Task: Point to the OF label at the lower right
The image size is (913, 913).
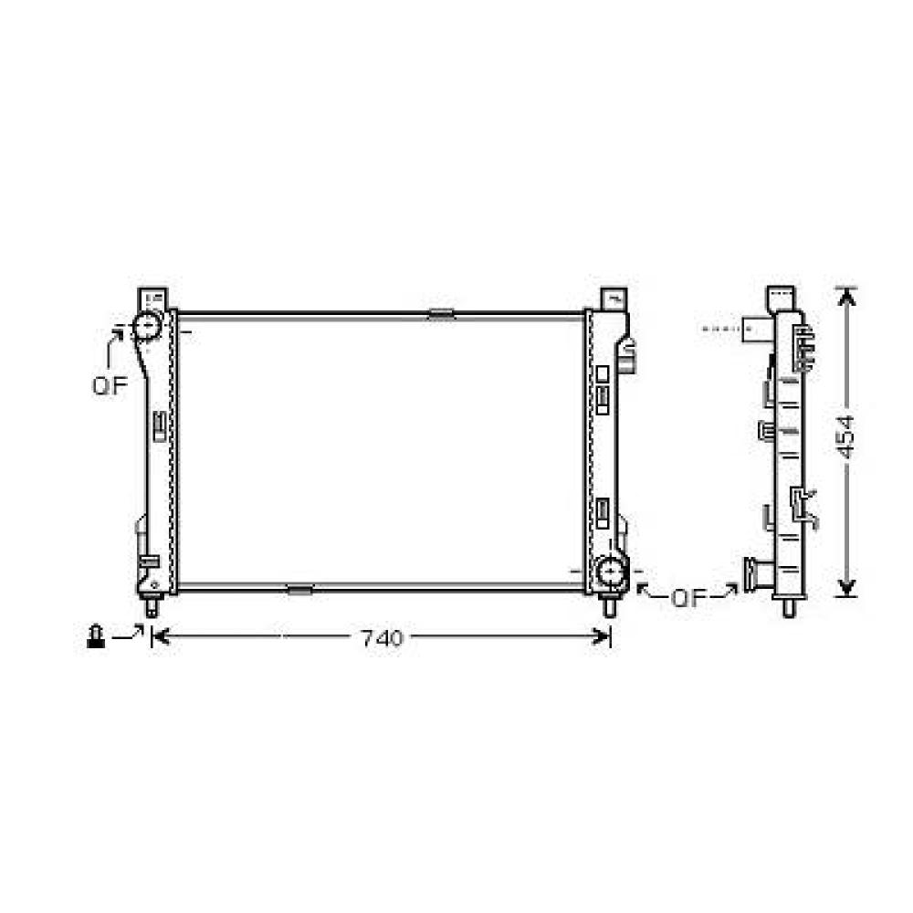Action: coord(689,599)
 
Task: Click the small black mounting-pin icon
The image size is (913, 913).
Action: coord(94,636)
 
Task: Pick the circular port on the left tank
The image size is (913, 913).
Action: coord(147,325)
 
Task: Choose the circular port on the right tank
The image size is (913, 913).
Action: coord(609,572)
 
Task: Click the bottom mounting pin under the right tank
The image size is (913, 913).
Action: coord(610,605)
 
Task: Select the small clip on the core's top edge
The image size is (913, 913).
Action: coord(441,314)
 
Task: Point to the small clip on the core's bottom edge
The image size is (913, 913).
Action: coord(299,590)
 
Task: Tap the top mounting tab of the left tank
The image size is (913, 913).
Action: coord(153,299)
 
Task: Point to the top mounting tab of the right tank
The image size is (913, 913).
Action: coord(614,299)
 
